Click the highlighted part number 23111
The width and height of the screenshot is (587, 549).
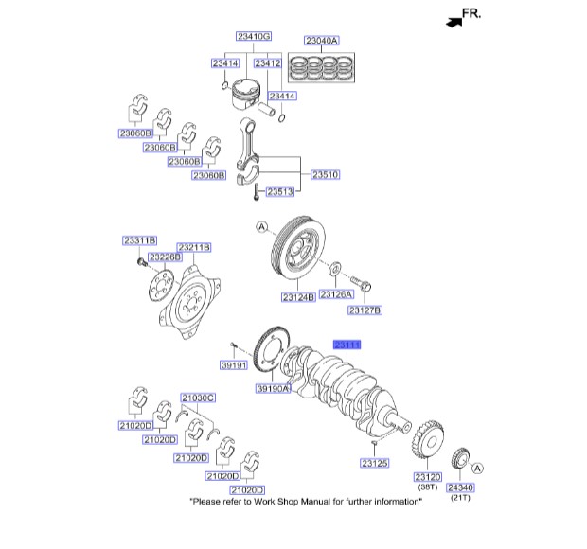tap(347, 346)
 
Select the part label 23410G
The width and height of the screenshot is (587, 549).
tap(253, 36)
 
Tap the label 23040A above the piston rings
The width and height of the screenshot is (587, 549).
tap(321, 41)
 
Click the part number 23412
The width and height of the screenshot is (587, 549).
tap(268, 63)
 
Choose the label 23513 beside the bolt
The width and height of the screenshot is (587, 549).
tap(279, 192)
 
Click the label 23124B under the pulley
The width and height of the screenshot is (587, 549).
tap(298, 297)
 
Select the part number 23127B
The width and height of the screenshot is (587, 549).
tap(365, 310)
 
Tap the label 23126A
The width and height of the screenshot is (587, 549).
tap(336, 294)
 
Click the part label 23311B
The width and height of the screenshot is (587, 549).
tap(139, 240)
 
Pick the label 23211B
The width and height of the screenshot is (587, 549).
tap(193, 247)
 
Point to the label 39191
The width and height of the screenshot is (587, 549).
tap(233, 364)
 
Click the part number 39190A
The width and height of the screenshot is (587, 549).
tap(273, 388)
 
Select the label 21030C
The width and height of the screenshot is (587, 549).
tap(198, 398)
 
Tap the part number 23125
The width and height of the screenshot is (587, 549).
tap(375, 464)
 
